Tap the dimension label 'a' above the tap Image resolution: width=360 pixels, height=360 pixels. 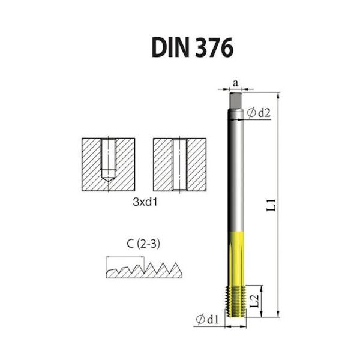(236, 82)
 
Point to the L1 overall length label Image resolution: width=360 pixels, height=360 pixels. (271, 205)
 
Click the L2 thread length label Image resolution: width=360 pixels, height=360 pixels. (254, 301)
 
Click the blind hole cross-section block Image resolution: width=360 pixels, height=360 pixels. (107, 164)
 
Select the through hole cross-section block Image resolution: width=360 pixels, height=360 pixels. (179, 164)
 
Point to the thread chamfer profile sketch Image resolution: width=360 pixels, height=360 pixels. (142, 271)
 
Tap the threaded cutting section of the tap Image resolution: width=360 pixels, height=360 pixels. (236, 300)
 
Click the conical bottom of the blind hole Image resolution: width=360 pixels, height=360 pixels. (107, 178)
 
